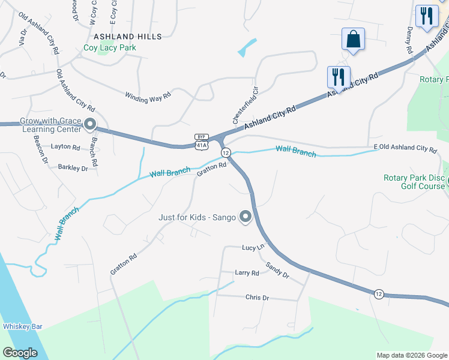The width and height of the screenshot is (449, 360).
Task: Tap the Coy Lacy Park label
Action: click(x=110, y=48)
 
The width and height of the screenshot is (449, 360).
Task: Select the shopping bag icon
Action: click(x=353, y=40)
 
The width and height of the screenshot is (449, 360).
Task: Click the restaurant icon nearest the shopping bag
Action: click(x=339, y=77)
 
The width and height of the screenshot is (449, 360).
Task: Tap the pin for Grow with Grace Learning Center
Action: click(x=90, y=125)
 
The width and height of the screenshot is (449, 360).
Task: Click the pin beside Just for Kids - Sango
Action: click(x=245, y=217)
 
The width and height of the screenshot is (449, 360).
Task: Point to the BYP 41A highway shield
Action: click(x=202, y=141)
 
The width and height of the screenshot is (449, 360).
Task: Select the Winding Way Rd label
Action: click(x=148, y=95)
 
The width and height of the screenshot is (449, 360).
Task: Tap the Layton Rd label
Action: click(x=65, y=147)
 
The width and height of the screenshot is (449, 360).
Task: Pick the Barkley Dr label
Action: click(x=73, y=169)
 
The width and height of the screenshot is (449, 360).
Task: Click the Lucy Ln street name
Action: click(x=253, y=247)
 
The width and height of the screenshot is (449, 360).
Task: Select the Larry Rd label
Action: click(x=247, y=272)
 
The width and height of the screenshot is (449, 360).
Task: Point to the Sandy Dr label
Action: click(x=277, y=271)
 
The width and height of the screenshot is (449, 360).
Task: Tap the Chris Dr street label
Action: click(x=257, y=297)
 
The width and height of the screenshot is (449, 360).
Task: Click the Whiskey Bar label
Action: click(x=22, y=326)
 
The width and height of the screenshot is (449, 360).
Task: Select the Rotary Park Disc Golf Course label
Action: click(x=414, y=182)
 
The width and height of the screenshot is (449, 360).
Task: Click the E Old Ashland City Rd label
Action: click(x=405, y=148)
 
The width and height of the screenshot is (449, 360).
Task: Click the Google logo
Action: click(x=20, y=353)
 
